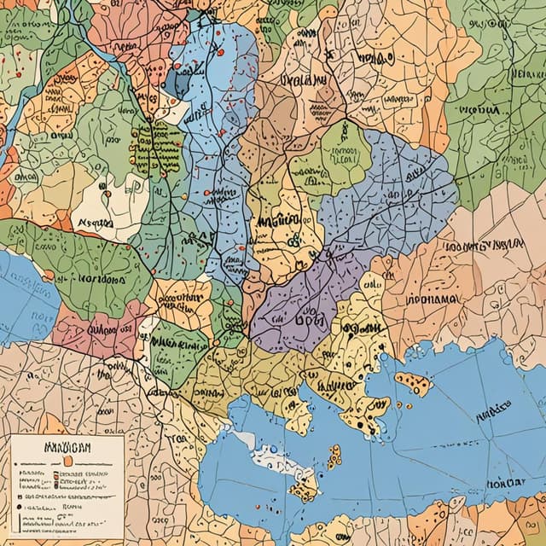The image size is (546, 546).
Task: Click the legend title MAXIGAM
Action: (x=66, y=446)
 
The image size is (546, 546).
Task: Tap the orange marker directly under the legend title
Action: (x=64, y=461)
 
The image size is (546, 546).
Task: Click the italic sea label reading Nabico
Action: (x=493, y=414)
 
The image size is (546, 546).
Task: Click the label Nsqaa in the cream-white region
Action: (x=95, y=223)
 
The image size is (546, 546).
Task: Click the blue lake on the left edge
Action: (x=21, y=294)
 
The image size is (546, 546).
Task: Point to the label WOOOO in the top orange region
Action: (x=376, y=58)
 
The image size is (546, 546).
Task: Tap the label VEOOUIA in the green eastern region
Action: (x=479, y=111)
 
